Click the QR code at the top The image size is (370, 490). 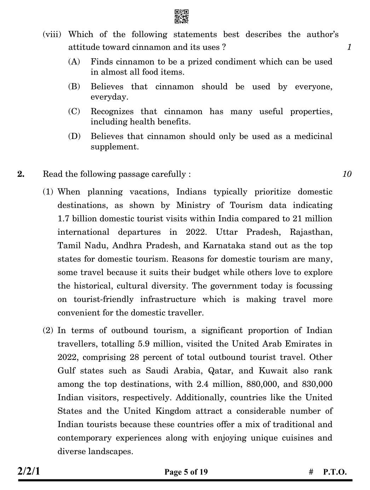click(x=181, y=17)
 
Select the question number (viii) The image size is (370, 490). click(x=52, y=35)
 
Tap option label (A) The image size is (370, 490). click(x=74, y=62)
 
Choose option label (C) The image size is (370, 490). click(x=74, y=112)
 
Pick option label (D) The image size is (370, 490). click(x=74, y=136)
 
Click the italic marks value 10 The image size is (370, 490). click(x=347, y=174)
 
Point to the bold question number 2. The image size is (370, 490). click(x=21, y=174)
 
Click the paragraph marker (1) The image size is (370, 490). click(x=48, y=192)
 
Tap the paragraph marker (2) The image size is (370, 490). click(x=48, y=331)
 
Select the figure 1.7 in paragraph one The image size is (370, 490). click(x=63, y=219)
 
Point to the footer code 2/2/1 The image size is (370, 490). click(x=29, y=471)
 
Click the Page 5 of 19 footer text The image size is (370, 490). click(x=186, y=472)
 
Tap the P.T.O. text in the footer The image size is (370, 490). click(x=335, y=472)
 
